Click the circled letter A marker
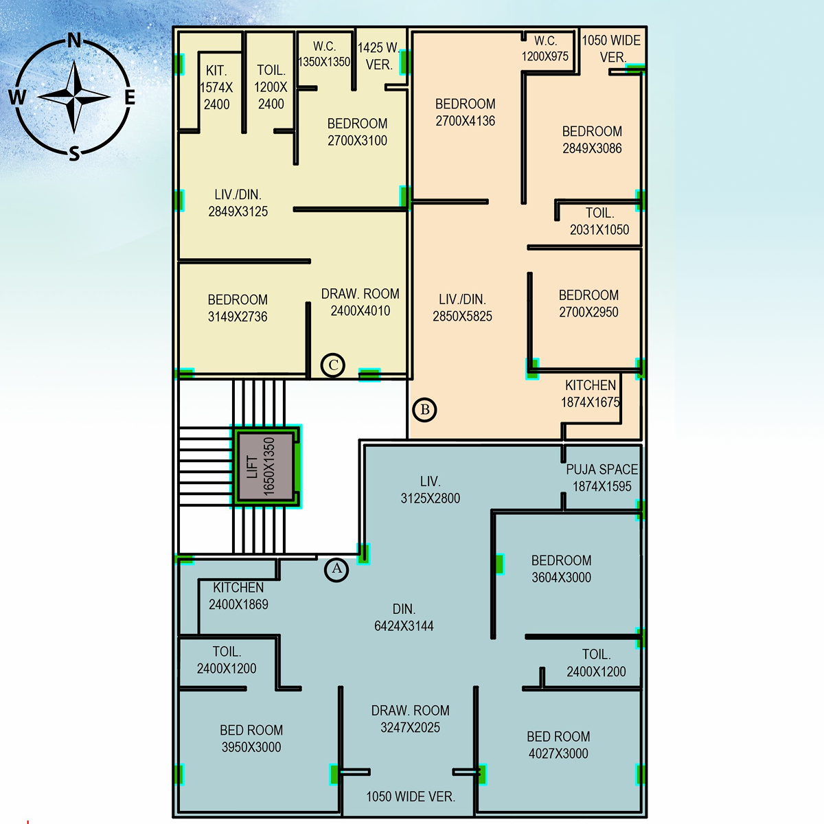click(336, 569)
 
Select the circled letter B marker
click(425, 410)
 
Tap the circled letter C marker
click(333, 365)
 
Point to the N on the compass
click(74, 41)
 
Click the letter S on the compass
click(74, 154)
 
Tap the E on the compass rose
click(130, 98)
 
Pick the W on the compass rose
click(17, 98)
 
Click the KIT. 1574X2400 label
click(216, 87)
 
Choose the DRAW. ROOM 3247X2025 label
click(410, 719)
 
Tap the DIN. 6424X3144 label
click(404, 617)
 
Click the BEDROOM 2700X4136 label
click(465, 112)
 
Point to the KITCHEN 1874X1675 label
click(590, 393)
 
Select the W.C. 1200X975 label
click(545, 49)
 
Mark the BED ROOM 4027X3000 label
click(558, 745)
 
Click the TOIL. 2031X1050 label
click(599, 221)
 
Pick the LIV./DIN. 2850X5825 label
click(462, 308)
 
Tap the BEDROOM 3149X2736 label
click(238, 308)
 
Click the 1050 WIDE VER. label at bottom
click(410, 797)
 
